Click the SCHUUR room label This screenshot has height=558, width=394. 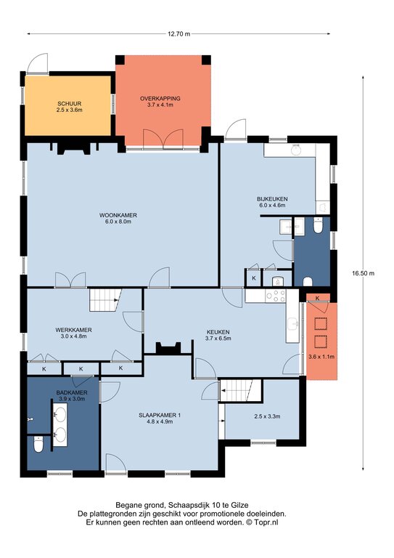pos(69,104)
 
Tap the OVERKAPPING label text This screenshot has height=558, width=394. pos(160,98)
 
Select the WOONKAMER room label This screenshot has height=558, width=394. pos(118,215)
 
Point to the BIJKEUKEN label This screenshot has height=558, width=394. pos(272,199)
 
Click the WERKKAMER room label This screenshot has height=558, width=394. pos(73,330)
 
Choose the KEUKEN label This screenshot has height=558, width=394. pos(218,332)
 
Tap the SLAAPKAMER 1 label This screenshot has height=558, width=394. pos(160,415)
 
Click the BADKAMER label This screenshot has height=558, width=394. pos(72,392)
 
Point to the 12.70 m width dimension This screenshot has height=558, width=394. pos(178,34)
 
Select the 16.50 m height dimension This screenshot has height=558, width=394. pos(363,273)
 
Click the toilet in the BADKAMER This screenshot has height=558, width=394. pos(38,445)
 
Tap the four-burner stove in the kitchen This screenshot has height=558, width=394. pos(276,296)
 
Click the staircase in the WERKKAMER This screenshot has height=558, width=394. pos(105,299)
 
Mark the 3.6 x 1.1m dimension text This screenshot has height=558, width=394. pos(321,357)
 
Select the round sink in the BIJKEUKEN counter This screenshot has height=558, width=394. pos(295,150)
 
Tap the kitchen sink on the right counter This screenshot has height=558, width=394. pos(293,324)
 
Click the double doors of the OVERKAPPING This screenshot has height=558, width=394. pos(163,139)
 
